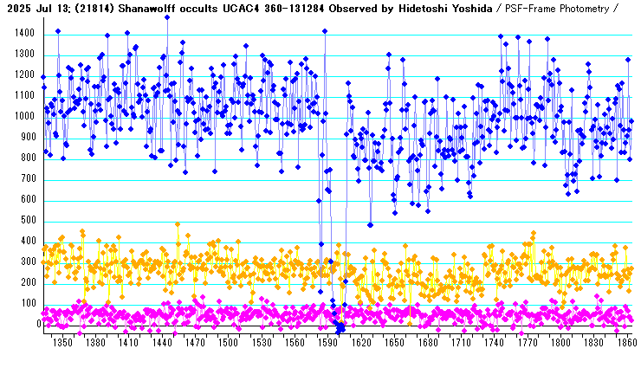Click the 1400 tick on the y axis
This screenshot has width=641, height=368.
[x=23, y=33]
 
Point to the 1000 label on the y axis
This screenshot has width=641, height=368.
[x=23, y=117]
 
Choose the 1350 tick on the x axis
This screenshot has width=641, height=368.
[x=62, y=343]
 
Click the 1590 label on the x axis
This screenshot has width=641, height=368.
[x=327, y=343]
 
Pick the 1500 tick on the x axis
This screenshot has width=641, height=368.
[x=227, y=343]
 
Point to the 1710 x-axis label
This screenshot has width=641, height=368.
[x=459, y=343]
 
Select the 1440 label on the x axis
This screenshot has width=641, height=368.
[x=161, y=343]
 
